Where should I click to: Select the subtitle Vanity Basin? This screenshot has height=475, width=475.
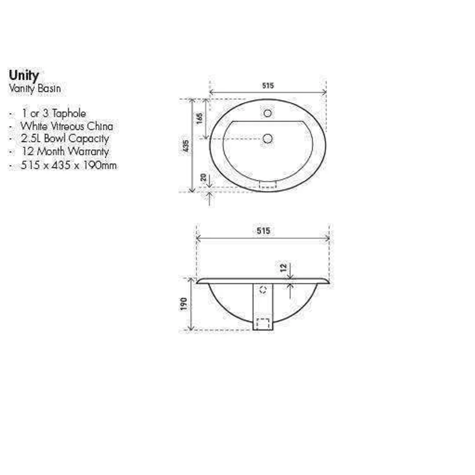click(35, 89)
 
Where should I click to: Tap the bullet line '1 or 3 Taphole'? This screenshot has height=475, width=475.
click(54, 113)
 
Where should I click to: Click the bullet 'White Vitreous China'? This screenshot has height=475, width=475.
click(66, 126)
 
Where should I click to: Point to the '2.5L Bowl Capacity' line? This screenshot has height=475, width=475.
click(64, 139)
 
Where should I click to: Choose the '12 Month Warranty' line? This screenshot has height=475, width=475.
click(65, 151)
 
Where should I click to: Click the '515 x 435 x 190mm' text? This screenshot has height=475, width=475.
click(69, 165)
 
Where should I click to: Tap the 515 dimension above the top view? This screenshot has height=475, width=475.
click(268, 86)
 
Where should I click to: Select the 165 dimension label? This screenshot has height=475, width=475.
click(199, 119)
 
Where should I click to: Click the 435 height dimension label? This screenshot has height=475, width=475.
click(185, 146)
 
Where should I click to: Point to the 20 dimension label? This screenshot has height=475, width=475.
click(203, 177)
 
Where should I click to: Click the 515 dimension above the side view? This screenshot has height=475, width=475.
click(263, 231)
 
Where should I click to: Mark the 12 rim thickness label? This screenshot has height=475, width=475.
click(283, 267)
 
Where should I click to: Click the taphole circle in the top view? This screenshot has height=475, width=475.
click(267, 113)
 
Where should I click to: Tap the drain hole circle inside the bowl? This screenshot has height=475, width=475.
click(267, 139)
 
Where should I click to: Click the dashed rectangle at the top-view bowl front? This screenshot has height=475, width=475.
click(268, 185)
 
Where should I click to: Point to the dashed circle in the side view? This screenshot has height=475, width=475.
click(263, 289)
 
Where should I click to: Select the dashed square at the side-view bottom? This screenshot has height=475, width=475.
click(263, 323)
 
